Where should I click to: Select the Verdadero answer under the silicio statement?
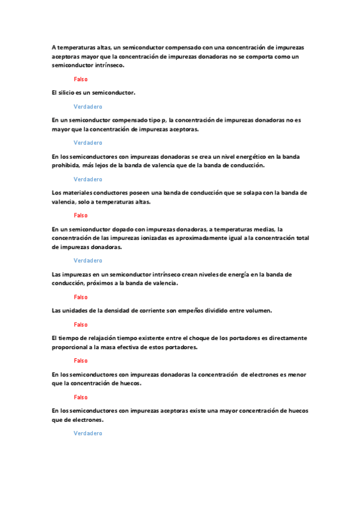88,106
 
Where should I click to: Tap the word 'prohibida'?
66,165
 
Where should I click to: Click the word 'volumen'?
258,311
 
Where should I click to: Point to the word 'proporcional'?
70,347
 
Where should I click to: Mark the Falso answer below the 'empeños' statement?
81,324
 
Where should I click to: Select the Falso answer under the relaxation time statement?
81,361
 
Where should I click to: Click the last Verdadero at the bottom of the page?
88,433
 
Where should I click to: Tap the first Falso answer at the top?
81,79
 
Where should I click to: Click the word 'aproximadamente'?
212,238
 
